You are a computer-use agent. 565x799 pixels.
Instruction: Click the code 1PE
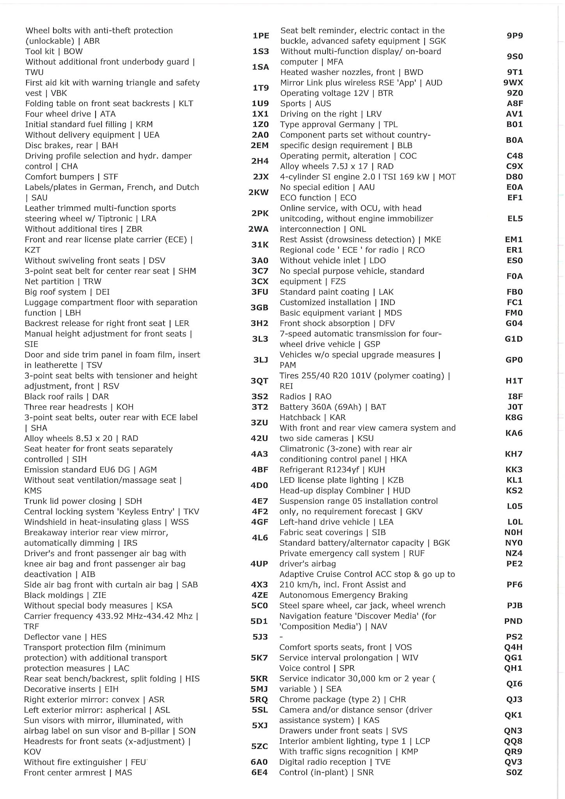coord(261,36)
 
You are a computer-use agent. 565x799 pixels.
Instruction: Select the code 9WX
coord(513,83)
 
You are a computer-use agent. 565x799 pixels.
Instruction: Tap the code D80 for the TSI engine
coord(514,177)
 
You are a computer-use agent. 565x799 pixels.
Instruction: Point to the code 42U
coord(259,439)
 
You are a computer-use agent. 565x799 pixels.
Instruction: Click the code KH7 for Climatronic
coord(513,454)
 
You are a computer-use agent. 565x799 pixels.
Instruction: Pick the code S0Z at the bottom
coord(513,772)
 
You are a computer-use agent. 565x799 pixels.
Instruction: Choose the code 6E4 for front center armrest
coord(259,772)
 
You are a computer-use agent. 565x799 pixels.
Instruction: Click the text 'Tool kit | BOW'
coord(54,51)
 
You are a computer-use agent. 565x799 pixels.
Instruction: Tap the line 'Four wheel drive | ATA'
coord(70,114)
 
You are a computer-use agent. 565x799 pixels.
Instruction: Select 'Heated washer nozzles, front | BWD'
coord(352,72)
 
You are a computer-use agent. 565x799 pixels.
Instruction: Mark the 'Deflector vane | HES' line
coord(65,637)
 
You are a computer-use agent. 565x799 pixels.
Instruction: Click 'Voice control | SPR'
coord(317,668)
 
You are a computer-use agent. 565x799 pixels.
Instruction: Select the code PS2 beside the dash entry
coord(513,637)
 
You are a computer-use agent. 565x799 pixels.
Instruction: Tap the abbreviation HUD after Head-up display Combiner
coord(402,491)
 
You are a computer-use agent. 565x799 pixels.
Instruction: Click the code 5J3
coord(260,637)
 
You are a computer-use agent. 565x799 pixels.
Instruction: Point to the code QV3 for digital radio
coord(513,762)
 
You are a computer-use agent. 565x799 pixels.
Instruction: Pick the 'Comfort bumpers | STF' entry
coord(71,177)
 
